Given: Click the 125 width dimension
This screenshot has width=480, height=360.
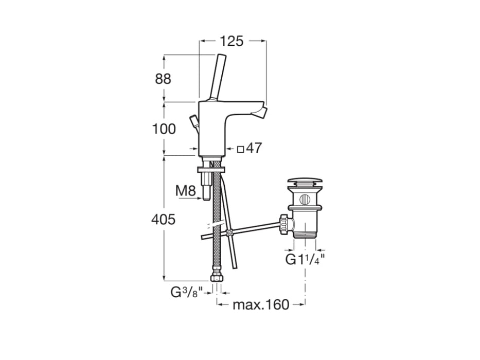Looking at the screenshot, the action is (x=232, y=41).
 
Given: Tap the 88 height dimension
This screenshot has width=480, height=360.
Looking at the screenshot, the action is (x=163, y=79).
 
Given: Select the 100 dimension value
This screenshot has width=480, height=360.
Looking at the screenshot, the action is (x=164, y=129).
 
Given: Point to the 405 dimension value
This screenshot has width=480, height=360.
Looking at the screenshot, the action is (x=164, y=219).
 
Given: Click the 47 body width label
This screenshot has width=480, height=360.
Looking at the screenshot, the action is (x=254, y=148).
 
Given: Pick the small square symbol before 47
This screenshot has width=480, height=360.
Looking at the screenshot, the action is (x=241, y=149).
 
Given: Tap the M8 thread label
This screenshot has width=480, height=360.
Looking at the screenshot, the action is (x=186, y=191).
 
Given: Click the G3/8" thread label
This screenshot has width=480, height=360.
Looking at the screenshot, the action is (x=187, y=292).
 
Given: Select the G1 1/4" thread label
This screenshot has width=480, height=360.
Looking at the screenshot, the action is (x=305, y=260).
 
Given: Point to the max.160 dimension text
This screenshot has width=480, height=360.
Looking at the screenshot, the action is (x=261, y=304).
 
